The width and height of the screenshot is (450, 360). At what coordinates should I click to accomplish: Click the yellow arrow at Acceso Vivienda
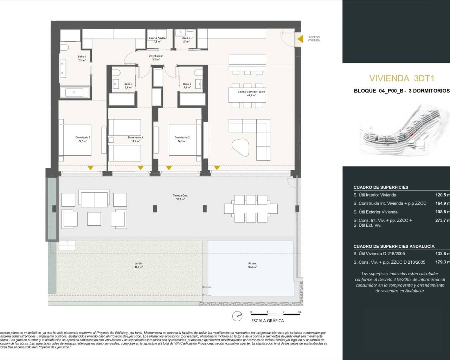pyautogui.click(x=300, y=39)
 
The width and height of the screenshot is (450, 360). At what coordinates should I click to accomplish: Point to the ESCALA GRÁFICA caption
pyautogui.click(x=268, y=321)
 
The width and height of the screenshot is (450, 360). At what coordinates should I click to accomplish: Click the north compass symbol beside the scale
pyautogui.click(x=237, y=317)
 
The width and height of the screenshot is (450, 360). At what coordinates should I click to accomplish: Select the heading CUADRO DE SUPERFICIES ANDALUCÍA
pyautogui.click(x=394, y=246)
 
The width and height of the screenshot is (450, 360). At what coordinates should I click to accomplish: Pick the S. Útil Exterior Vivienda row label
pyautogui.click(x=375, y=212)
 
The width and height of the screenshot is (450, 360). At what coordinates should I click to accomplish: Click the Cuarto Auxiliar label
pyautogui.click(x=157, y=38)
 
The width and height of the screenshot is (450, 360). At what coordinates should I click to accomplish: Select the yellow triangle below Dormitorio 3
pyautogui.click(x=140, y=168)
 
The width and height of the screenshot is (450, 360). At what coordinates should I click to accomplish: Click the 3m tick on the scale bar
pyautogui.click(x=299, y=312)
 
